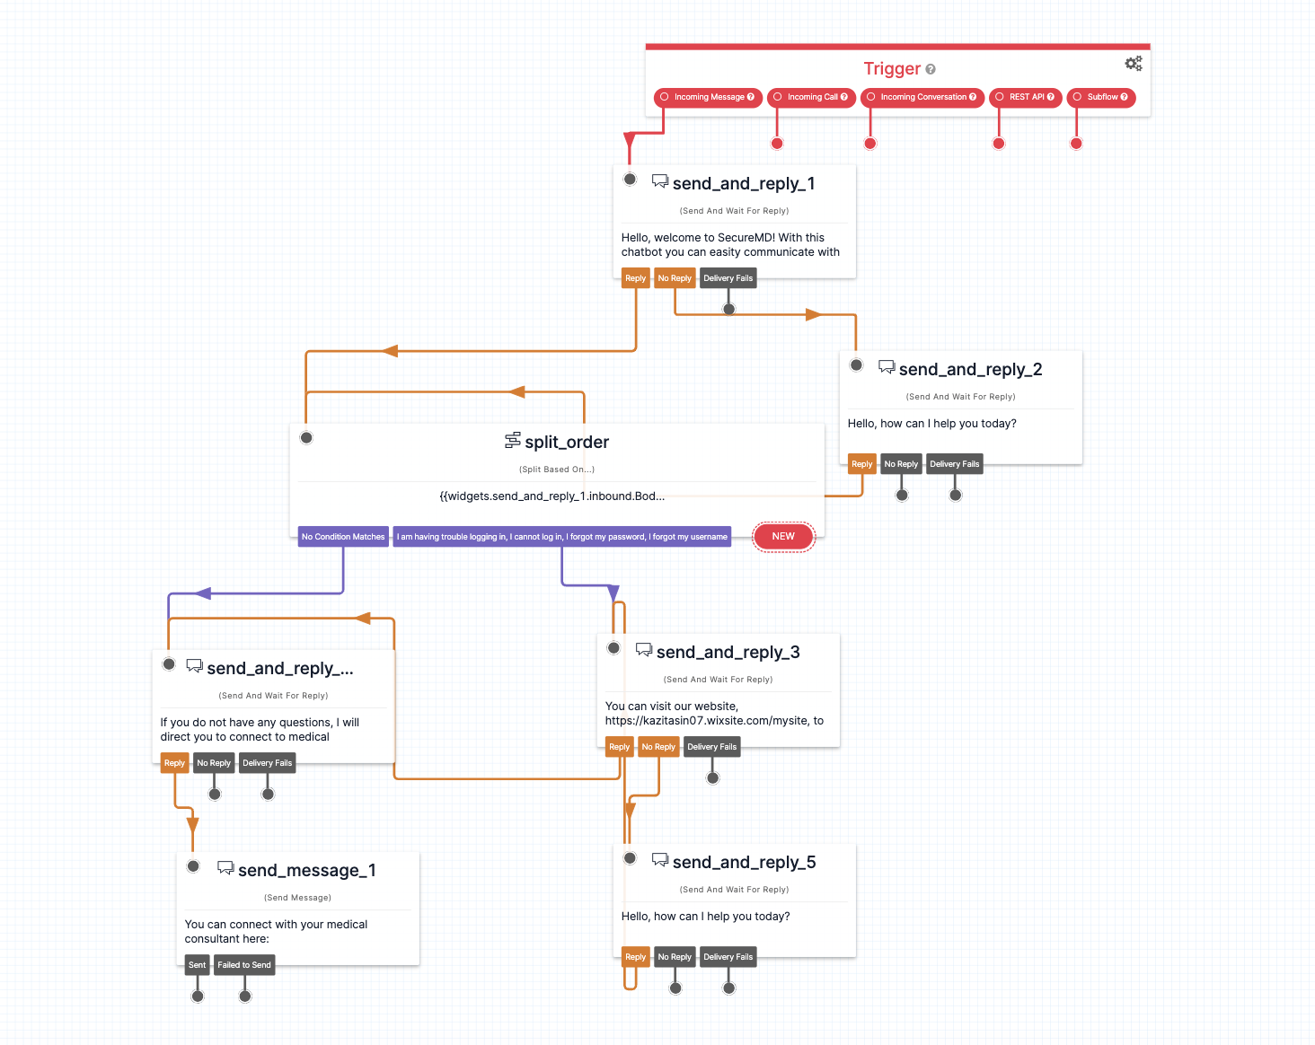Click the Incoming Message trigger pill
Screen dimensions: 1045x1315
click(708, 97)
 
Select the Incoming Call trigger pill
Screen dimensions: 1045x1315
click(811, 97)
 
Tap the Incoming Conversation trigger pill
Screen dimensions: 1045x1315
click(922, 97)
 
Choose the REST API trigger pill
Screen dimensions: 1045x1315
click(1026, 97)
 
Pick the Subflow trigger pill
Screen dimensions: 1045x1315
click(1101, 97)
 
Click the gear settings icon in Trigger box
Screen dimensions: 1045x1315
click(1134, 63)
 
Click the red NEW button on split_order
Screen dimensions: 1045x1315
click(783, 536)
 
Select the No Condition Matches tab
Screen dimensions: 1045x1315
click(343, 537)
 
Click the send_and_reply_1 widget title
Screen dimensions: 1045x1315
click(744, 183)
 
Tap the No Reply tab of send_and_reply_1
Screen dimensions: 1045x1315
click(675, 278)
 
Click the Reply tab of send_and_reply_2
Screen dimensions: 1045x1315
click(862, 464)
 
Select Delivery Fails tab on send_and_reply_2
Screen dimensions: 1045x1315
click(954, 464)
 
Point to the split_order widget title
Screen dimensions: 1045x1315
click(567, 442)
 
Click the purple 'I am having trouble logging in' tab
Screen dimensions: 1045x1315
click(562, 537)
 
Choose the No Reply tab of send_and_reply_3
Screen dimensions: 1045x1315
click(658, 747)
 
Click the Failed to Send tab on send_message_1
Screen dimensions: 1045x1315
click(244, 965)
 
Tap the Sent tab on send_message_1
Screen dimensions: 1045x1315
click(198, 965)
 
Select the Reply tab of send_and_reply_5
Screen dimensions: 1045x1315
click(636, 957)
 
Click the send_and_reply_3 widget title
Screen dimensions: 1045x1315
click(728, 652)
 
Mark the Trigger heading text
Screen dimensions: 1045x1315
click(892, 68)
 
